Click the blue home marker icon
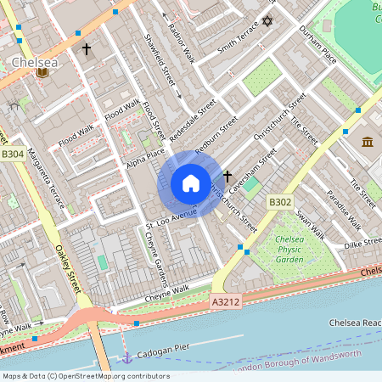tap(190, 183)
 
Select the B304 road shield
tap(13, 154)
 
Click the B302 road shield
tap(280, 203)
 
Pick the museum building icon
tap(368, 141)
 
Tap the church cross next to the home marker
tap(227, 174)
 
